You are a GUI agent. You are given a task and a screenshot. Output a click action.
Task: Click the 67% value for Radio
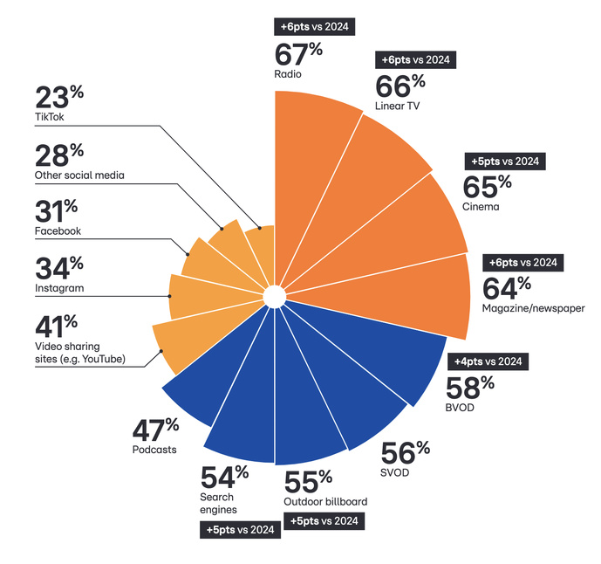click(x=299, y=54)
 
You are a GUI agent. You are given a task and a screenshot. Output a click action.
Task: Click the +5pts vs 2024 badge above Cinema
click(x=505, y=162)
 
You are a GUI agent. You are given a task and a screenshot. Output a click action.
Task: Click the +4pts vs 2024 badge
click(x=488, y=361)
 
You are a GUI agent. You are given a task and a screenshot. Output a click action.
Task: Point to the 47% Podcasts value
click(x=155, y=430)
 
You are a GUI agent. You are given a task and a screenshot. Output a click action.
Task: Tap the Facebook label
click(x=58, y=231)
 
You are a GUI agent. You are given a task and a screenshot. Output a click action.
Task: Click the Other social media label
click(x=79, y=175)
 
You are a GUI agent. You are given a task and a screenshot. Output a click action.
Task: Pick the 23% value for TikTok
click(x=58, y=97)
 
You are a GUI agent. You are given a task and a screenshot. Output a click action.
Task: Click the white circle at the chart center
click(x=273, y=297)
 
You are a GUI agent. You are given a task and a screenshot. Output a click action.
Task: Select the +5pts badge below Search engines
click(x=240, y=530)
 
